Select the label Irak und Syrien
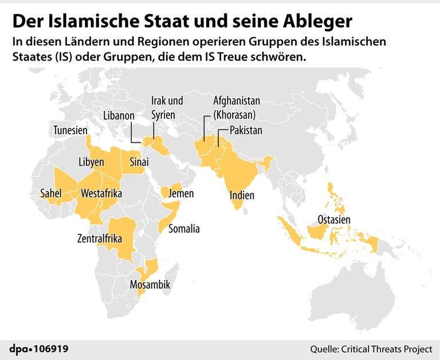point(167,108)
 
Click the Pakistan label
point(246,131)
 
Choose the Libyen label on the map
point(91,162)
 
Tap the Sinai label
point(139,162)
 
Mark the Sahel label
point(50,194)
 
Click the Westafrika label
point(102,194)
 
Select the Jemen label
point(181,194)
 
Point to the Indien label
point(242,195)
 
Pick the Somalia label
point(184,229)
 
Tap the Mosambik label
point(150,284)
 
